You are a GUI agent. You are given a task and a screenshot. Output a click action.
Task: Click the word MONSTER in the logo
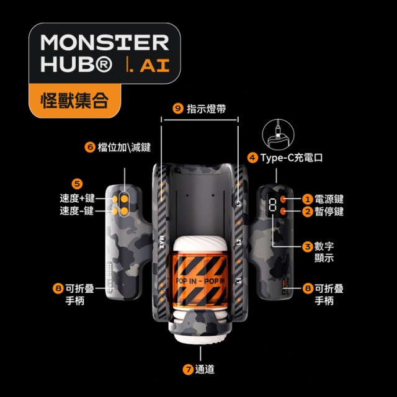click(x=105, y=42)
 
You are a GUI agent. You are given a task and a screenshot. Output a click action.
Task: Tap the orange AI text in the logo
click(x=154, y=65)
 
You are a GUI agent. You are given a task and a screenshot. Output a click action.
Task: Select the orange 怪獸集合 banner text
click(x=75, y=100)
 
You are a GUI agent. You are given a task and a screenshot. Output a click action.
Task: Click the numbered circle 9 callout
click(x=178, y=109)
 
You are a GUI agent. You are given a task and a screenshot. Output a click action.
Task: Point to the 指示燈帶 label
click(x=206, y=109)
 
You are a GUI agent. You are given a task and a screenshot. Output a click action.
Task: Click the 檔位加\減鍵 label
click(x=124, y=148)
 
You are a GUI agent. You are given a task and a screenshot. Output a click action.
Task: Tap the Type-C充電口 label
click(x=292, y=158)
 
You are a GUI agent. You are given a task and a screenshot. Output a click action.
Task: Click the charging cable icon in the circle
click(x=278, y=135)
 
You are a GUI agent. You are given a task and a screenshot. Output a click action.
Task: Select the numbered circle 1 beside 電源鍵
click(x=308, y=199)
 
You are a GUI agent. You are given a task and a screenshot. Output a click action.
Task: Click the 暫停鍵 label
click(x=329, y=212)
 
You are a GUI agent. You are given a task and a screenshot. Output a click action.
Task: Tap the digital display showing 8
click(x=272, y=205)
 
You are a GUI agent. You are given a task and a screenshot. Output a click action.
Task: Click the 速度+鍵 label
click(x=77, y=198)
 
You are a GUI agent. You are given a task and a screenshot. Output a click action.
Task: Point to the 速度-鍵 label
click(x=77, y=211)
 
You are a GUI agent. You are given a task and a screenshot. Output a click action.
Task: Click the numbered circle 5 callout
click(x=77, y=184)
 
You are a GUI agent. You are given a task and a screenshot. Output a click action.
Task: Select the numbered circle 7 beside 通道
click(x=188, y=370)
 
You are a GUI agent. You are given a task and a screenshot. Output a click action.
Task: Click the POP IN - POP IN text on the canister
click(x=200, y=281)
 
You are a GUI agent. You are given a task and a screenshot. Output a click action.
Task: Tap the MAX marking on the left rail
click(x=162, y=242)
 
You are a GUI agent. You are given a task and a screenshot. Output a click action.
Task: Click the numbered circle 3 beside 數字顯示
click(x=308, y=246)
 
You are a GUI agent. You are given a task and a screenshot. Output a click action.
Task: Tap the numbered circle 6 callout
click(x=90, y=147)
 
